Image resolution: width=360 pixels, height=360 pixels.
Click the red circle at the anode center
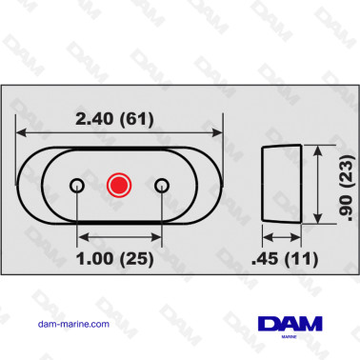click(x=120, y=184)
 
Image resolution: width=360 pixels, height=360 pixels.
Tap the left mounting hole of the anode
click(x=78, y=184)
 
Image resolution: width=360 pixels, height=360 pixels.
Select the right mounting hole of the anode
click(x=162, y=184)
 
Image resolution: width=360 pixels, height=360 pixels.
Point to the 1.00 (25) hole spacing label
click(x=121, y=257)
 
